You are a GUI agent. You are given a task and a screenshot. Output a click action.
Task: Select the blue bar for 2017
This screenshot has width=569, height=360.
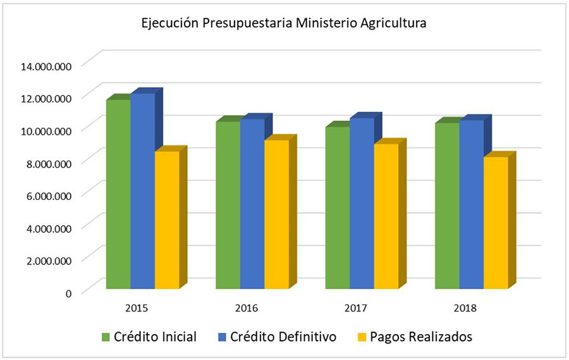coord(361,203)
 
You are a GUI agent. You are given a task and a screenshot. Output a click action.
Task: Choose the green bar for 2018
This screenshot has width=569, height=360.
coord(446,206)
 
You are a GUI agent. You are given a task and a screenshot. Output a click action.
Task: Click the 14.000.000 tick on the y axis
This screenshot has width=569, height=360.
coord(47,65)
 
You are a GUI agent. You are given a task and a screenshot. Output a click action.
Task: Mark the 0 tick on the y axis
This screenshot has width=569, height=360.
coord(68,292)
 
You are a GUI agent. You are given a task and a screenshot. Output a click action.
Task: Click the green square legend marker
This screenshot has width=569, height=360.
coord(106,337)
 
